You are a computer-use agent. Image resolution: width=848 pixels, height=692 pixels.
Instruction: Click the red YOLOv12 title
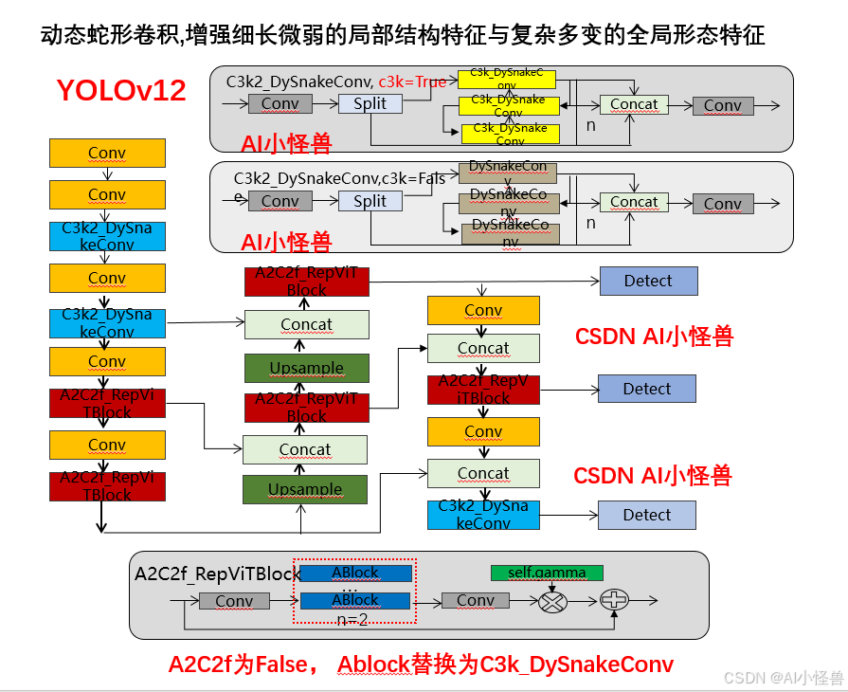point(121,91)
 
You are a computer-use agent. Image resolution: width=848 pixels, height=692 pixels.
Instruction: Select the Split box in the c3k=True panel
point(370,104)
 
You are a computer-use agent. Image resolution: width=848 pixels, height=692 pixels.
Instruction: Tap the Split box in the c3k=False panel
point(370,201)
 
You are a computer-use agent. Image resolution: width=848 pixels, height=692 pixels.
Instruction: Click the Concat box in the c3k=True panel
point(634,104)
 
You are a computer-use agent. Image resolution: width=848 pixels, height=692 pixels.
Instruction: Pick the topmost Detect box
point(648,281)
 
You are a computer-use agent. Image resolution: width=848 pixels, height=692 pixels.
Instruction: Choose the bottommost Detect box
point(647,515)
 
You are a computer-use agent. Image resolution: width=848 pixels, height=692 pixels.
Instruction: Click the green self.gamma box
point(547,573)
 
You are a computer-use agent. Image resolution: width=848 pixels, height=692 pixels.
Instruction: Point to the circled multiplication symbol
point(551,601)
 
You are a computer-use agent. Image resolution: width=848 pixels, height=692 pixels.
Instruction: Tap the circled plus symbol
point(616,600)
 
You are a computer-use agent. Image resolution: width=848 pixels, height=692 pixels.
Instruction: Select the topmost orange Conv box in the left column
point(107,153)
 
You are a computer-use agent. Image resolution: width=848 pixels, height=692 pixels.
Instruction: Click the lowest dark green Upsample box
point(305,489)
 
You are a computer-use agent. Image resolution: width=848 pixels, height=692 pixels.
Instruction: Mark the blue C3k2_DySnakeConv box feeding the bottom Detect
point(483,515)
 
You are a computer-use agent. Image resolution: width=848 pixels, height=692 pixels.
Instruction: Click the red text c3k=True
point(412,82)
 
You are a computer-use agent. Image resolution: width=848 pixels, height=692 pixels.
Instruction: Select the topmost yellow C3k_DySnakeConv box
point(507,78)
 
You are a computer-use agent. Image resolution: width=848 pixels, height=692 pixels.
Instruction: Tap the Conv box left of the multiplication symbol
point(476,601)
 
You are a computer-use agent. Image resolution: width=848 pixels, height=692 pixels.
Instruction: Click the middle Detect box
point(647,389)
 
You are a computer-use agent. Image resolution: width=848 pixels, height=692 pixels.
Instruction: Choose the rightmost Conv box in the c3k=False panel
point(723,204)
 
